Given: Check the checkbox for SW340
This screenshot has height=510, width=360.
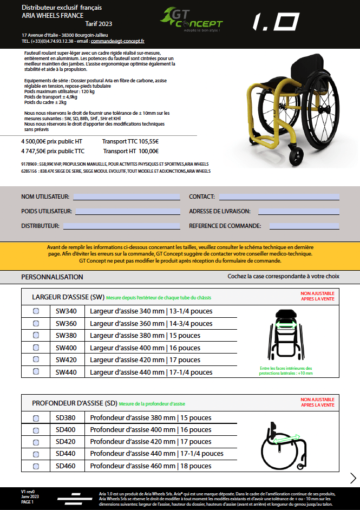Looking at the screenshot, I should pos(36,311).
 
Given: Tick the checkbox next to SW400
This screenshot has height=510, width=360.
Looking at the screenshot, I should pos(36,348).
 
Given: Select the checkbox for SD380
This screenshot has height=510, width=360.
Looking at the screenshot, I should pos(36,418).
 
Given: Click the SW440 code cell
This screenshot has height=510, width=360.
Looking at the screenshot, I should pos(67,372).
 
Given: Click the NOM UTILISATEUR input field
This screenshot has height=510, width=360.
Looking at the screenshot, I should pos(126,197).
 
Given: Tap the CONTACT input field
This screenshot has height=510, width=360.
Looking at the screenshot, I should pos(279,197).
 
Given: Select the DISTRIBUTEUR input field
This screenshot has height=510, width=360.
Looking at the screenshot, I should pos(121,226).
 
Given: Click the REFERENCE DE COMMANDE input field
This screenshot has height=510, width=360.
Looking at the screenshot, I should pos(304,226).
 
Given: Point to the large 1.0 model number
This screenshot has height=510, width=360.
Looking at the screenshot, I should pos(276,22).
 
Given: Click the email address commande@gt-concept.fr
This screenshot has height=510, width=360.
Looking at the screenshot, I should pos(117,41).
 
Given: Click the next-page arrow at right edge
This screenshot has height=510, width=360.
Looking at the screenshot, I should pos(353,478).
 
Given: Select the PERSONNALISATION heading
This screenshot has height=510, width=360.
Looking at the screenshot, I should pos(52,277).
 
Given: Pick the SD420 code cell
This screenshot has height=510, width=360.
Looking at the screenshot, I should pos(67,442).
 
